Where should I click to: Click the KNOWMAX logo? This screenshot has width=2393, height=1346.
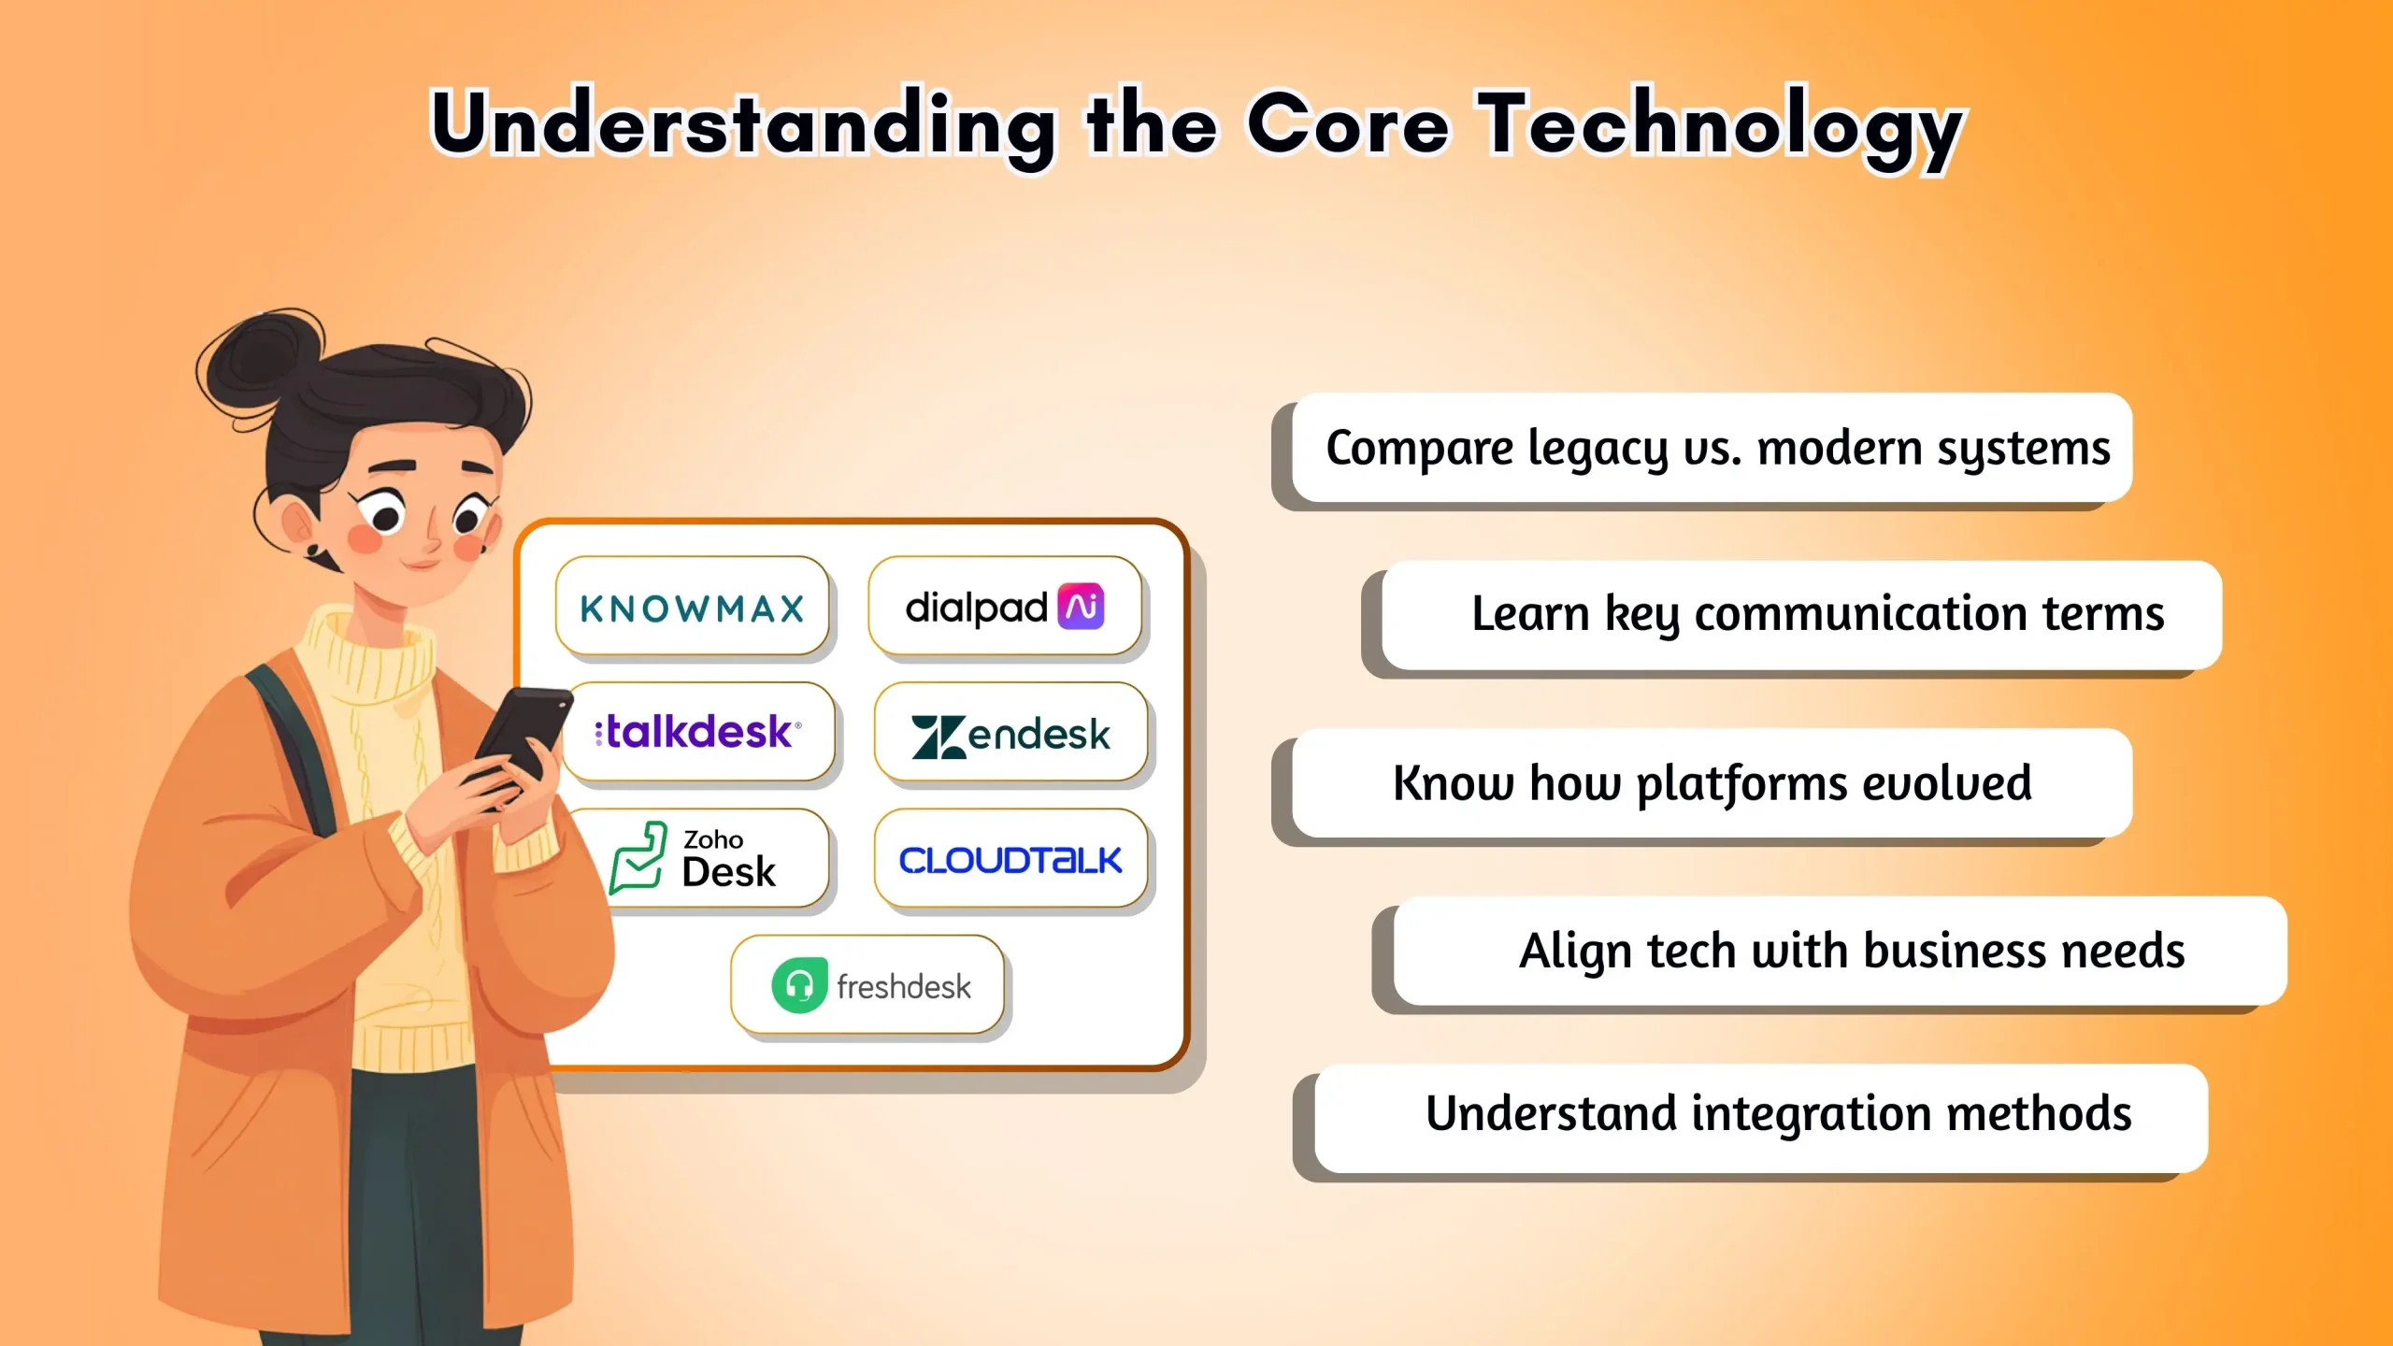click(692, 609)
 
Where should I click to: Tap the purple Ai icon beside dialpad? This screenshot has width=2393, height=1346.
click(1082, 607)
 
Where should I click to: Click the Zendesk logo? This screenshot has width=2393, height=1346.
click(1010, 735)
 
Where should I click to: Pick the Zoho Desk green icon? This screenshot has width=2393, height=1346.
click(638, 857)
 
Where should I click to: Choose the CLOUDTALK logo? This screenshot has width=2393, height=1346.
click(1010, 860)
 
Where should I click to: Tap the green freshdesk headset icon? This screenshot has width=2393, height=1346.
click(799, 985)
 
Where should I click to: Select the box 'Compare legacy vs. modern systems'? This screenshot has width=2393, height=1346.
click(1711, 449)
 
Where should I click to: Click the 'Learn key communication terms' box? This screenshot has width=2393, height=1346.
click(1802, 615)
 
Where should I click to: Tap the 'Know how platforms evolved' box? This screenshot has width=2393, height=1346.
click(1711, 783)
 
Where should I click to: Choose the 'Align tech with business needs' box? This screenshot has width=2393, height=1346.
click(1840, 952)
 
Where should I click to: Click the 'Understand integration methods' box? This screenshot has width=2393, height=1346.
click(1761, 1116)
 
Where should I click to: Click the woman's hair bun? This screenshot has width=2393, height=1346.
click(257, 360)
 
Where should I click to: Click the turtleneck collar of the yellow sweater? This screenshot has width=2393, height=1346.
click(365, 654)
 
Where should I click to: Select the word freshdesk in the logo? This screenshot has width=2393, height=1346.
click(903, 987)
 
